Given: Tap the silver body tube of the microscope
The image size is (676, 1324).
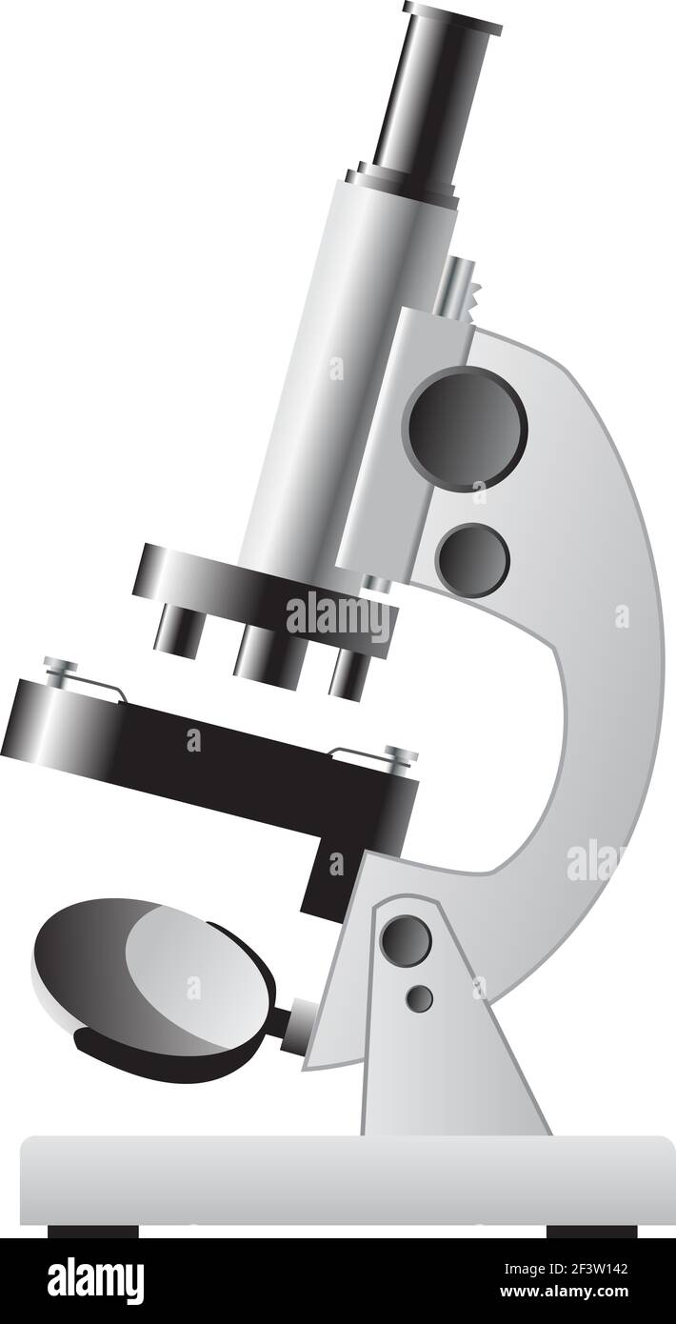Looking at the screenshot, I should [343, 362].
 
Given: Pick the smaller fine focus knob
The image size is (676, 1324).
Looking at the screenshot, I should [472, 560].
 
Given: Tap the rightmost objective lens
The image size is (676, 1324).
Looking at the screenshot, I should [348, 672].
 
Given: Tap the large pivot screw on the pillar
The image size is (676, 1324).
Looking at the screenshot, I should [406, 939].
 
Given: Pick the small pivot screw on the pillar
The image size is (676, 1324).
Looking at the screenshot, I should [419, 997].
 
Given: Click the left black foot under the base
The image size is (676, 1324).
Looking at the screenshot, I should [92, 1231].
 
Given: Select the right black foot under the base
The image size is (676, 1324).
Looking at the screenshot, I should [591, 1231].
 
